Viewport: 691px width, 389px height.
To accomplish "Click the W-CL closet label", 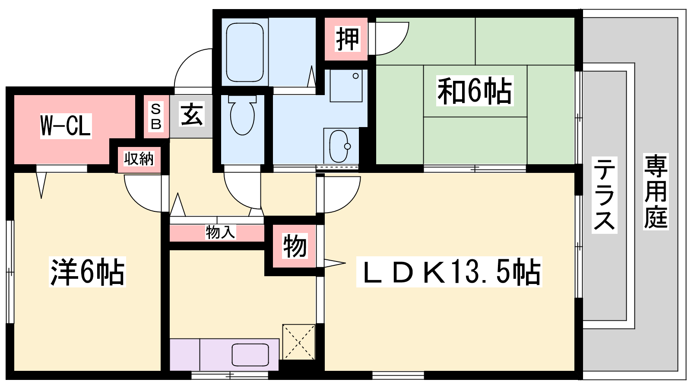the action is (x=66, y=126).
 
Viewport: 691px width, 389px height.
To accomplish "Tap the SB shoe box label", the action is (x=156, y=117).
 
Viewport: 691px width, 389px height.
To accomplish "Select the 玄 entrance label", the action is (x=191, y=114).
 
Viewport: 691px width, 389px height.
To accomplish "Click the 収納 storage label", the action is (x=139, y=159).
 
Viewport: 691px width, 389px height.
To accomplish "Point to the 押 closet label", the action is (x=348, y=39).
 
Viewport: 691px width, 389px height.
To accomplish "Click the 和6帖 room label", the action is (x=475, y=91).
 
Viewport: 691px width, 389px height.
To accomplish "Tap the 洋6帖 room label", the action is (x=87, y=272).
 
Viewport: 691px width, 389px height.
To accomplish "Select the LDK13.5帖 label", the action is (x=449, y=272).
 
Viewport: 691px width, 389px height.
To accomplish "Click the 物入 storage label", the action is (x=220, y=232).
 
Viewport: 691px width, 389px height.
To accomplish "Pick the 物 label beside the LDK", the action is (x=295, y=246).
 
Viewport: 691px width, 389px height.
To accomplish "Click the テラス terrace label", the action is (x=604, y=195).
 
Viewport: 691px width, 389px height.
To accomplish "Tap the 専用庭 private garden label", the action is (x=656, y=191).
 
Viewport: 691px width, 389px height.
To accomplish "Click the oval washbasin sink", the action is (x=339, y=146).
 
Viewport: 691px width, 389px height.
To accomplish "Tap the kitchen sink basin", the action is (x=250, y=355).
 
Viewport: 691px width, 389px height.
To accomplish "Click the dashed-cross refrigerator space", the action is (x=299, y=342).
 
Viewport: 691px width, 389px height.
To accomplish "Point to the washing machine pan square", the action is (x=346, y=86).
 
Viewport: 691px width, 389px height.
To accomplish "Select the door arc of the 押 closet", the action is (x=401, y=45).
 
